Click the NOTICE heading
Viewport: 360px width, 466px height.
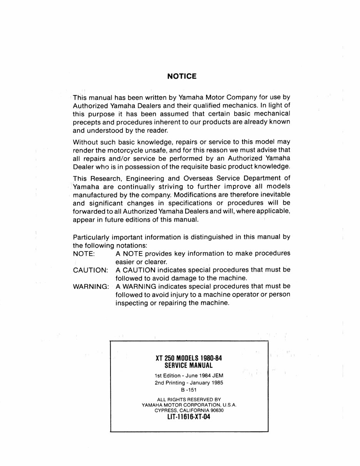(x=182, y=76)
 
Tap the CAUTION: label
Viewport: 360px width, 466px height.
(x=90, y=270)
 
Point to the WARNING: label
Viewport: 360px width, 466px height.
(x=91, y=287)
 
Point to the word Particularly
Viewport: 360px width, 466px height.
(x=91, y=237)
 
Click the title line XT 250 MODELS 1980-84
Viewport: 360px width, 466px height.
(x=189, y=358)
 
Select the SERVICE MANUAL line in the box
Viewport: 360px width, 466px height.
(x=189, y=365)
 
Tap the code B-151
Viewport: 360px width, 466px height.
(x=189, y=390)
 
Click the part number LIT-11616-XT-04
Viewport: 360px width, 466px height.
(x=189, y=417)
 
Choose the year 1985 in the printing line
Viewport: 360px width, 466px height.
(x=216, y=383)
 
